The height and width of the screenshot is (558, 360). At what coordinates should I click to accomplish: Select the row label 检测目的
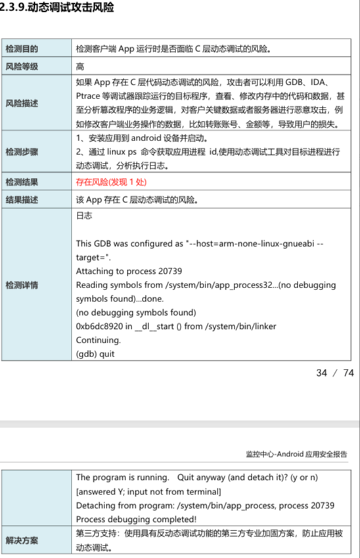pyautogui.click(x=22, y=49)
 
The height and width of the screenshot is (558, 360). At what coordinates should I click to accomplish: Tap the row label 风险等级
pyautogui.click(x=22, y=66)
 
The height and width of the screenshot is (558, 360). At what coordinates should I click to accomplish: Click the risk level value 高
pyautogui.click(x=80, y=66)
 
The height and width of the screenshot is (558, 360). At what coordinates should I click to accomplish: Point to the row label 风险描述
pyautogui.click(x=22, y=103)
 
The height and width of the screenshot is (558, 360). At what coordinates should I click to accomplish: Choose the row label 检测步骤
pyautogui.click(x=22, y=152)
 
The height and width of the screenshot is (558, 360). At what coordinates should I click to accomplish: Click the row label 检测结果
pyautogui.click(x=22, y=181)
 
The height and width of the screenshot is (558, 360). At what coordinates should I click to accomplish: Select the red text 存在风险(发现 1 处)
pyautogui.click(x=112, y=181)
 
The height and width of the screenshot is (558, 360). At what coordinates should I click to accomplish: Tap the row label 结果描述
pyautogui.click(x=22, y=199)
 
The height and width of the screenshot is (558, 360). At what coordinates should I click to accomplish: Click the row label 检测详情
pyautogui.click(x=22, y=286)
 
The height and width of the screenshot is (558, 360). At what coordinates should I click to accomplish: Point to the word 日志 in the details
pyautogui.click(x=84, y=215)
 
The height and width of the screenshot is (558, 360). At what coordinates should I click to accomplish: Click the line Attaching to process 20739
pyautogui.click(x=129, y=270)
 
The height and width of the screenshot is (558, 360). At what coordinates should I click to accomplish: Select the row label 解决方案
pyautogui.click(x=22, y=540)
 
